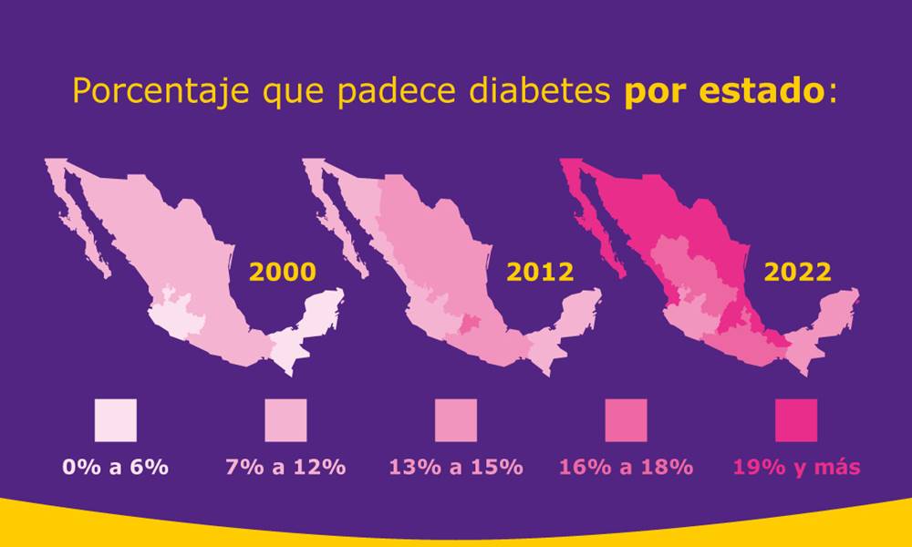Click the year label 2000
(x=283, y=272)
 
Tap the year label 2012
(x=540, y=272)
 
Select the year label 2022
(x=797, y=272)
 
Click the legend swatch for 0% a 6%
(x=115, y=419)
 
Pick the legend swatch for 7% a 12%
(x=285, y=419)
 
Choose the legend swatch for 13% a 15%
(x=456, y=419)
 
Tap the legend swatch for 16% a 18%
(x=626, y=419)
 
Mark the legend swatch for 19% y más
(x=796, y=419)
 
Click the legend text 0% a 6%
(x=115, y=467)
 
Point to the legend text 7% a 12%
(x=285, y=467)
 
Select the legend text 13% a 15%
(x=456, y=467)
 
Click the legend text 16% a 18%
(x=626, y=467)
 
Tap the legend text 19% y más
(x=796, y=467)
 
